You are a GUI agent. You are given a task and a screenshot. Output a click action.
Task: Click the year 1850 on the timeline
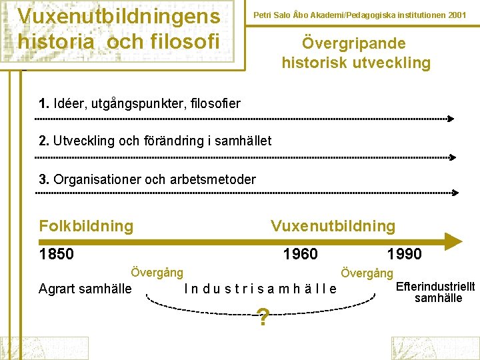57,254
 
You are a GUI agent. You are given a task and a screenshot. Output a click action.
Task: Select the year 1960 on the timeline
301,254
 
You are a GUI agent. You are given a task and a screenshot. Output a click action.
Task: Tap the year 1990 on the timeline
404,254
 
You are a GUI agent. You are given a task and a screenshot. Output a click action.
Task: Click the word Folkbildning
86,226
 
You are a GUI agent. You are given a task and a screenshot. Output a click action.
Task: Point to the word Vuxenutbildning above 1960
333,226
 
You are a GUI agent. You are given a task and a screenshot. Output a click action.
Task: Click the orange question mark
263,319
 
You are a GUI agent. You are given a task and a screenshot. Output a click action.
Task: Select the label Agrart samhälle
85,289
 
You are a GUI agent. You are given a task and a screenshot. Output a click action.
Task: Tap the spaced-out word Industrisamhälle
260,289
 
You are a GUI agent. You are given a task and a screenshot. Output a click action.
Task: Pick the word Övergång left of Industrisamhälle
157,273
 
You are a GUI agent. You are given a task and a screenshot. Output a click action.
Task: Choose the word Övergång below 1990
367,273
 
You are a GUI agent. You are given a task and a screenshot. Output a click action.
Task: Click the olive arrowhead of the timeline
453,241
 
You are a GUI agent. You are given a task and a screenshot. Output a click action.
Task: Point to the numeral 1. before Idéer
44,103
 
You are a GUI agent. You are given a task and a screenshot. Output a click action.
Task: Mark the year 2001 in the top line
457,14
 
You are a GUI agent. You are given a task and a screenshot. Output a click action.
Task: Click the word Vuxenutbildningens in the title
118,15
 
